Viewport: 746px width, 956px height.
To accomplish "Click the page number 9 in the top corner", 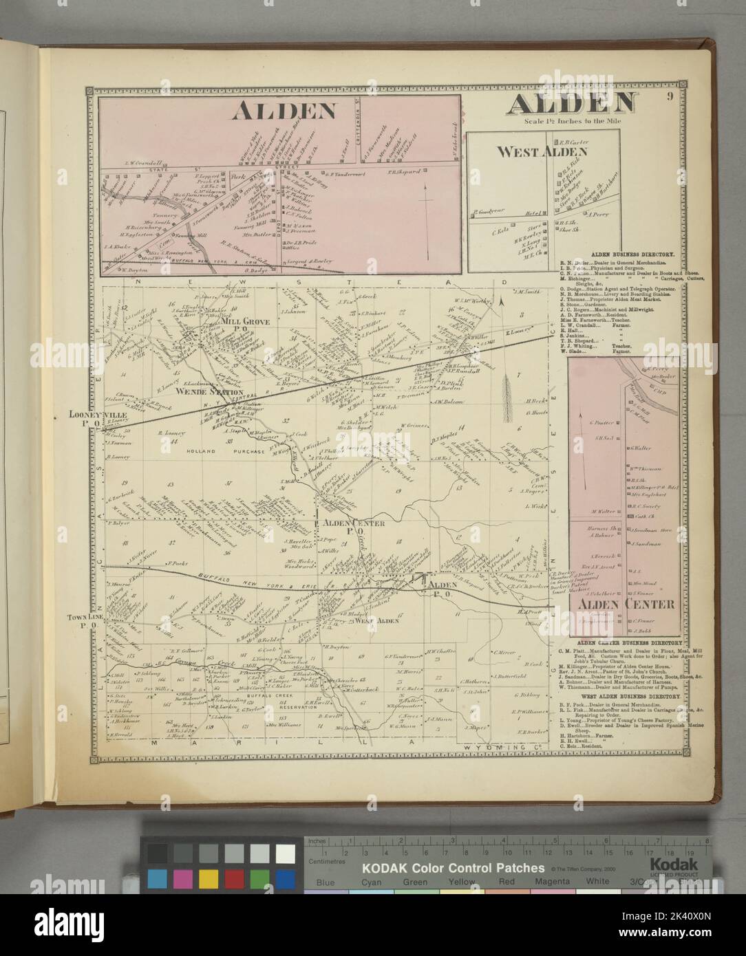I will pos(669,96).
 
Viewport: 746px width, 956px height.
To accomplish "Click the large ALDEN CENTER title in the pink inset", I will pos(626,605).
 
